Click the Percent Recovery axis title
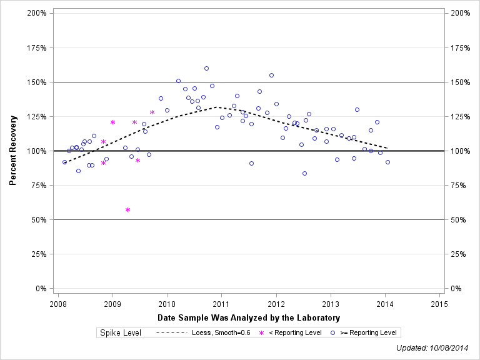coord(13,150)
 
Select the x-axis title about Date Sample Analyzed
coord(248,318)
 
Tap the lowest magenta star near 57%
coord(127,209)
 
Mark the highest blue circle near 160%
coord(206,68)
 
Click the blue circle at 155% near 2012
coord(271,75)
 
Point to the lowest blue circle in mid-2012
coord(304,173)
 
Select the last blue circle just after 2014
coord(387,162)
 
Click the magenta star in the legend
coord(262,332)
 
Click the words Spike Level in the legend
coord(121,332)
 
